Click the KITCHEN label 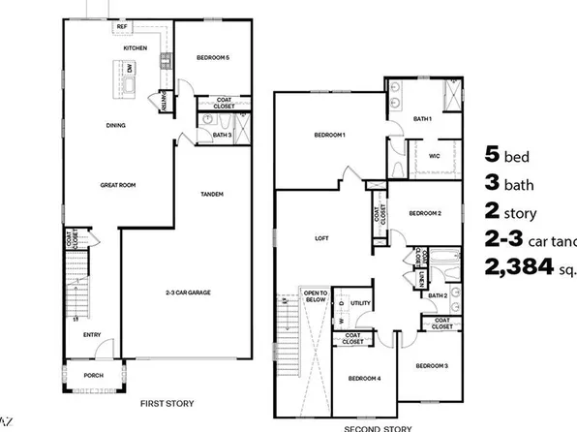134,46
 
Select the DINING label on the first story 115,125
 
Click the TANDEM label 213,194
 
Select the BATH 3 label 222,134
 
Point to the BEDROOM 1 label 330,135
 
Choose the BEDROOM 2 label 425,213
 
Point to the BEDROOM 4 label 357,378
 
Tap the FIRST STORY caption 167,403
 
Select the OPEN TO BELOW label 317,296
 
